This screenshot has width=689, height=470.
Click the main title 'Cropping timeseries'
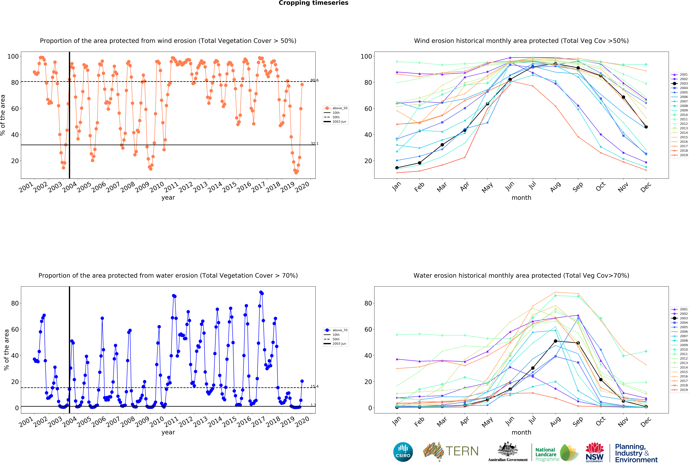coord(313,3)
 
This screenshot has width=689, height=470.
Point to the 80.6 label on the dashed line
coord(314,80)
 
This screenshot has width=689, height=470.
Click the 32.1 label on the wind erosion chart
coord(314,144)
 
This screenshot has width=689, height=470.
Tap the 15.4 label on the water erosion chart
coord(314,386)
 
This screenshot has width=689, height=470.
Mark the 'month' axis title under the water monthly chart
coord(521,432)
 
